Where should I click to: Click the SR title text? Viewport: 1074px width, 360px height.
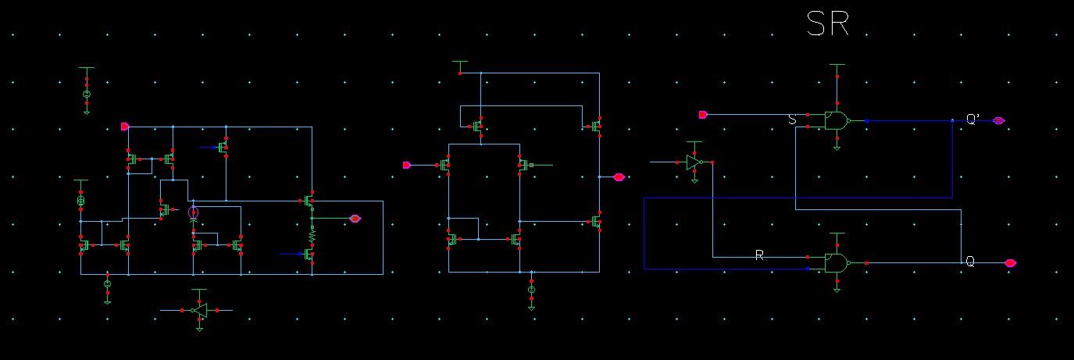[828, 25]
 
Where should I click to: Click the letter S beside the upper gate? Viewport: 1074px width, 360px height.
[792, 119]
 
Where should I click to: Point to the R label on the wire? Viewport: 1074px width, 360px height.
[758, 255]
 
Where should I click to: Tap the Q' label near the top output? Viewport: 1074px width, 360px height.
[973, 119]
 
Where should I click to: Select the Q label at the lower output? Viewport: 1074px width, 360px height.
[970, 262]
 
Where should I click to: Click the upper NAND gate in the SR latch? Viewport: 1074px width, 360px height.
[837, 120]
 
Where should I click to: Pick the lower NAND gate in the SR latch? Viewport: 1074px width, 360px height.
[837, 263]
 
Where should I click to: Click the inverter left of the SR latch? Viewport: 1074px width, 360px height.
[694, 162]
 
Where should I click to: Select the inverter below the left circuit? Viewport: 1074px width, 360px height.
[200, 311]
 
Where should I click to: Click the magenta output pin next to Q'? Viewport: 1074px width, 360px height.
[999, 120]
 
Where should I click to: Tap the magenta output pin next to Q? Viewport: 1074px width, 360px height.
[1011, 262]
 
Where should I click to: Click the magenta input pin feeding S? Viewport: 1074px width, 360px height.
[703, 115]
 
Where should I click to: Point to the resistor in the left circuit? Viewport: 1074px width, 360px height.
[312, 233]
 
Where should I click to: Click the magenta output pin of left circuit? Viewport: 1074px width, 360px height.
[355, 219]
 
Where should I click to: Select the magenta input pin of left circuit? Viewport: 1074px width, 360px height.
[124, 126]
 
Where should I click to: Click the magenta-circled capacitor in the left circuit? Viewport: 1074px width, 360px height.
[194, 212]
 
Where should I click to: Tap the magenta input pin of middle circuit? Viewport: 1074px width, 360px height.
[406, 165]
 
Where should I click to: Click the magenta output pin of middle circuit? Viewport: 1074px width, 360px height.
[619, 177]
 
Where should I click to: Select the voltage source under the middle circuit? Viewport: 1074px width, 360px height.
[531, 290]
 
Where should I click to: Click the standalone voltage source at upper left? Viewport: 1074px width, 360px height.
[87, 94]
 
